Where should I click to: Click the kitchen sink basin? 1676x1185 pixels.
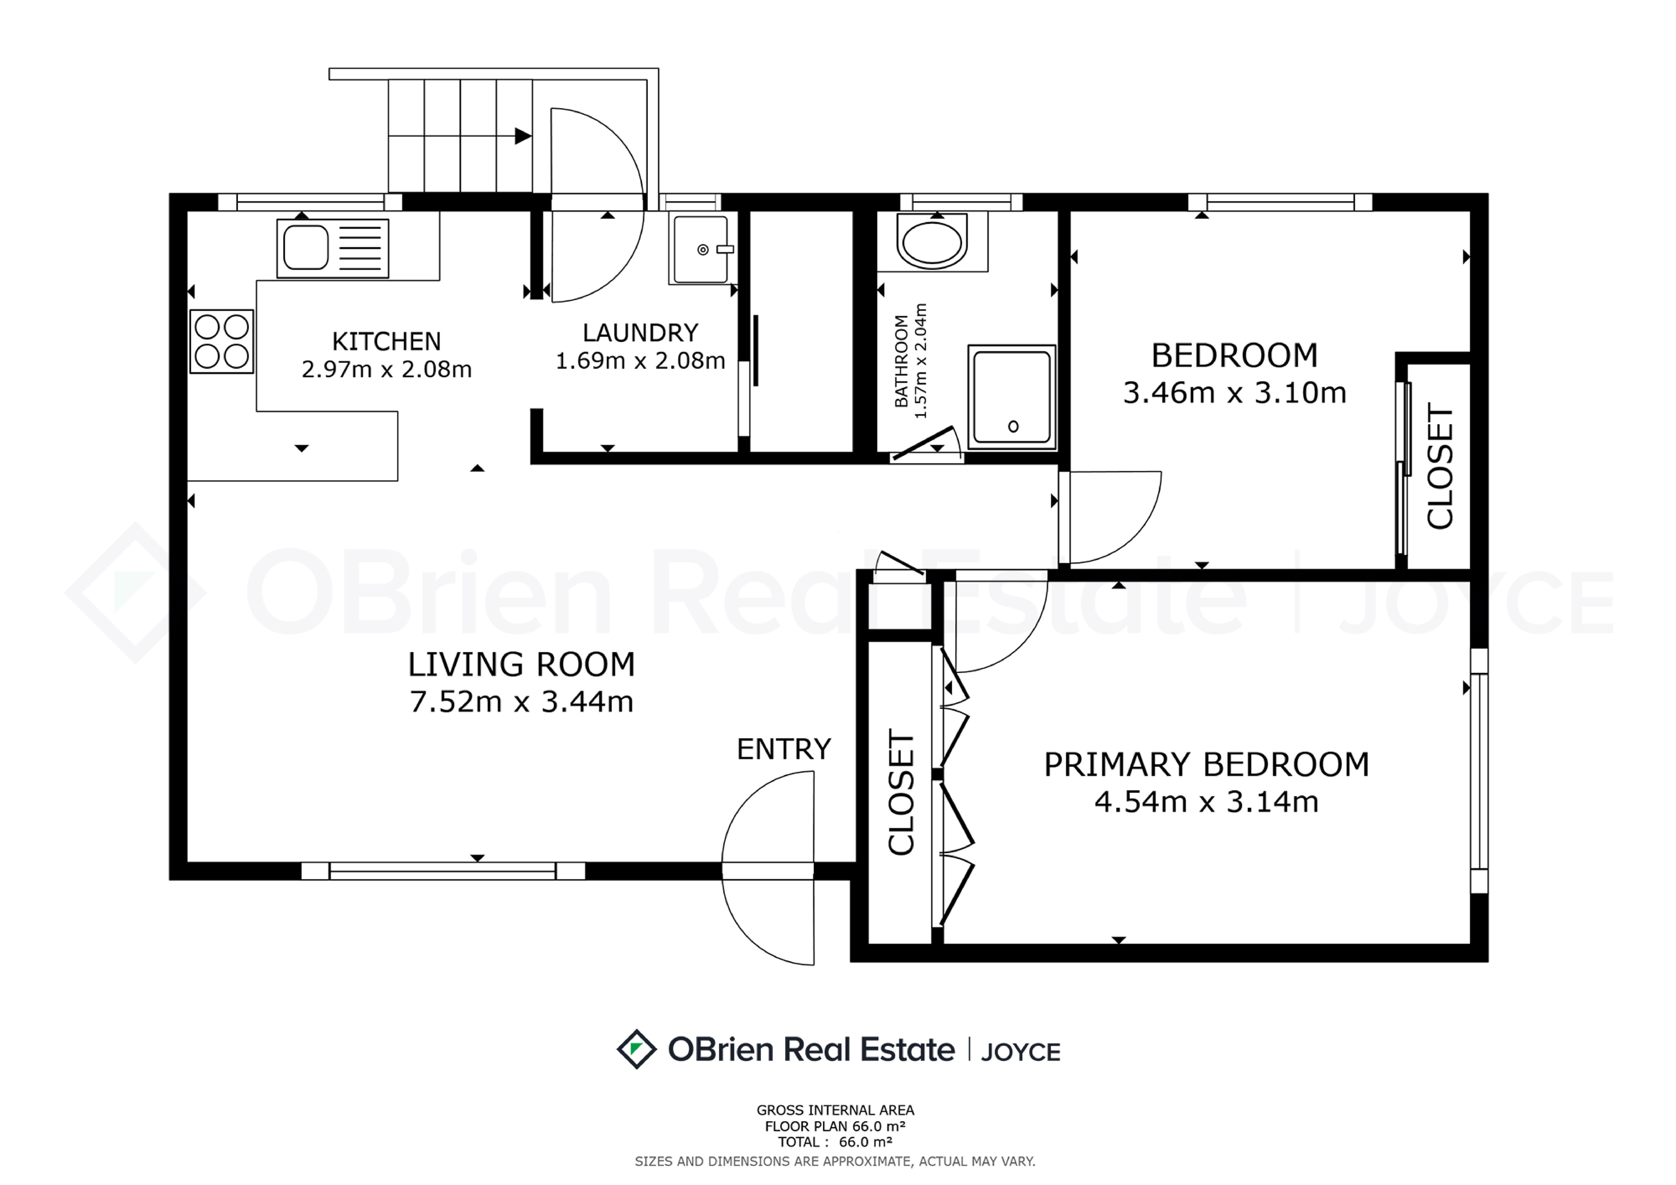[306, 248]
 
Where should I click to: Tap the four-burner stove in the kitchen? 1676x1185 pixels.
[222, 341]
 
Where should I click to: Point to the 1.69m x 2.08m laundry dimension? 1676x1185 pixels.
[640, 361]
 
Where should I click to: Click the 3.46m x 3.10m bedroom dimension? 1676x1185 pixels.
[1234, 393]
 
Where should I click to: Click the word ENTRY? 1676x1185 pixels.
[783, 749]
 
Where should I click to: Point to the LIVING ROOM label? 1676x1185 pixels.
[521, 665]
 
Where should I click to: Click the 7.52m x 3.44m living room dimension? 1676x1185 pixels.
[521, 702]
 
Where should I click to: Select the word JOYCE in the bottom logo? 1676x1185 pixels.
[1021, 1051]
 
